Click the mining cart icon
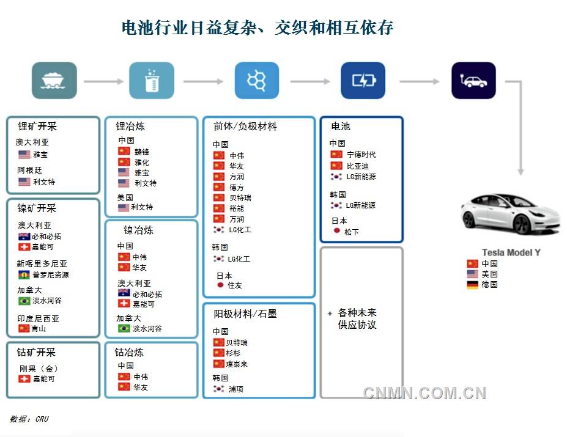[x=54, y=80]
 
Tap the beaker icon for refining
[x=151, y=80]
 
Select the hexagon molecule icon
[x=256, y=80]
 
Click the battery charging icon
[x=363, y=80]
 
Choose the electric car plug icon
[x=473, y=80]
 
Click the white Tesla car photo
[x=511, y=213]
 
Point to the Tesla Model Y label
[x=511, y=252]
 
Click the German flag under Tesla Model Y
[x=472, y=285]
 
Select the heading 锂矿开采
[x=37, y=127]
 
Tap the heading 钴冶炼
[x=130, y=353]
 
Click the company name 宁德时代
[x=361, y=155]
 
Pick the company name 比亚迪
[x=358, y=166]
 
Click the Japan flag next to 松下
[x=336, y=232]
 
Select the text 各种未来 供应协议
[x=357, y=319]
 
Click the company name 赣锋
[x=142, y=152]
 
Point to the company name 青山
[x=39, y=328]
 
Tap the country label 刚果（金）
[x=39, y=368]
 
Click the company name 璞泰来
[x=237, y=364]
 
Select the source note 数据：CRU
[x=29, y=419]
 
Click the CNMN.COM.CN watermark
[x=424, y=393]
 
